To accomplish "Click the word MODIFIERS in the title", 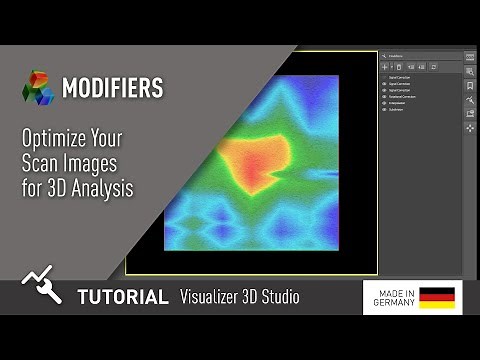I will (112, 88).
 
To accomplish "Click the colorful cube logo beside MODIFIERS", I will (38, 88).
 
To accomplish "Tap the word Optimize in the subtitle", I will (55, 139).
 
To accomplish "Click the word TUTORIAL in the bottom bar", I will (123, 297).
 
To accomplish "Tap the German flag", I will (437, 297).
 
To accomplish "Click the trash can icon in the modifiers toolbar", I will (400, 66).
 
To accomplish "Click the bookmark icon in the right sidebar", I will (470, 85).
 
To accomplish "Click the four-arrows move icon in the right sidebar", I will (470, 128).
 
